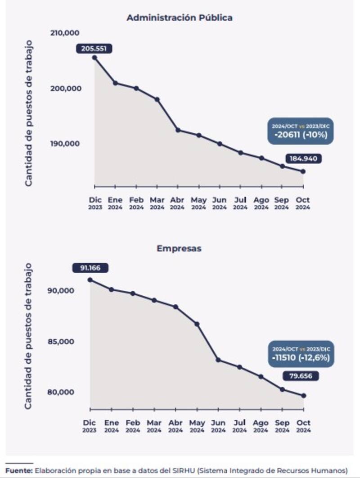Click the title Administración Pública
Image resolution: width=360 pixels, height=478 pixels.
click(x=179, y=18)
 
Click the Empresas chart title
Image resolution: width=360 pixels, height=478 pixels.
click(x=179, y=248)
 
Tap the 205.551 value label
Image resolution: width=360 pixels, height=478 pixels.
click(x=94, y=49)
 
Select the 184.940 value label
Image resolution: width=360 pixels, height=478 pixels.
click(x=303, y=159)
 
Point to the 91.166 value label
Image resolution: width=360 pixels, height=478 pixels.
click(x=90, y=268)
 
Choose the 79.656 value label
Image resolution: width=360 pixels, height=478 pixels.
click(x=301, y=376)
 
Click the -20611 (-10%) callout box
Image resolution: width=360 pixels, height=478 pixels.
click(x=301, y=131)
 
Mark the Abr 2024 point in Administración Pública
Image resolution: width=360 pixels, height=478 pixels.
click(x=178, y=130)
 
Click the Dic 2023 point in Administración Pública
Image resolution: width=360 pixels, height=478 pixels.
click(x=94, y=58)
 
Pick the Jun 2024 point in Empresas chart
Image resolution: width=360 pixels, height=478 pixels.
click(x=218, y=360)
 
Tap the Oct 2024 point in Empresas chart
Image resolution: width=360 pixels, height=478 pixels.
click(x=304, y=396)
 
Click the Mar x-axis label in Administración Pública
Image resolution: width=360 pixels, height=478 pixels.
click(x=157, y=200)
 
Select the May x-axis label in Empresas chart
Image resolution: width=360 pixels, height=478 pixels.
click(x=197, y=423)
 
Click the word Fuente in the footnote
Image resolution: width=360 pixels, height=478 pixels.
click(x=18, y=470)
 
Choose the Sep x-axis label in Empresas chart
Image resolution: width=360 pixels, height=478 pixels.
click(x=282, y=423)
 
